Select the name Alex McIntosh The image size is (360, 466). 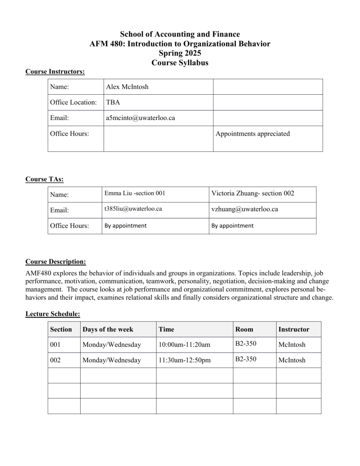click(127, 87)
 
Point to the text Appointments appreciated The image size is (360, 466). click(253, 134)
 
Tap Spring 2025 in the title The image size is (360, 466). click(180, 54)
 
